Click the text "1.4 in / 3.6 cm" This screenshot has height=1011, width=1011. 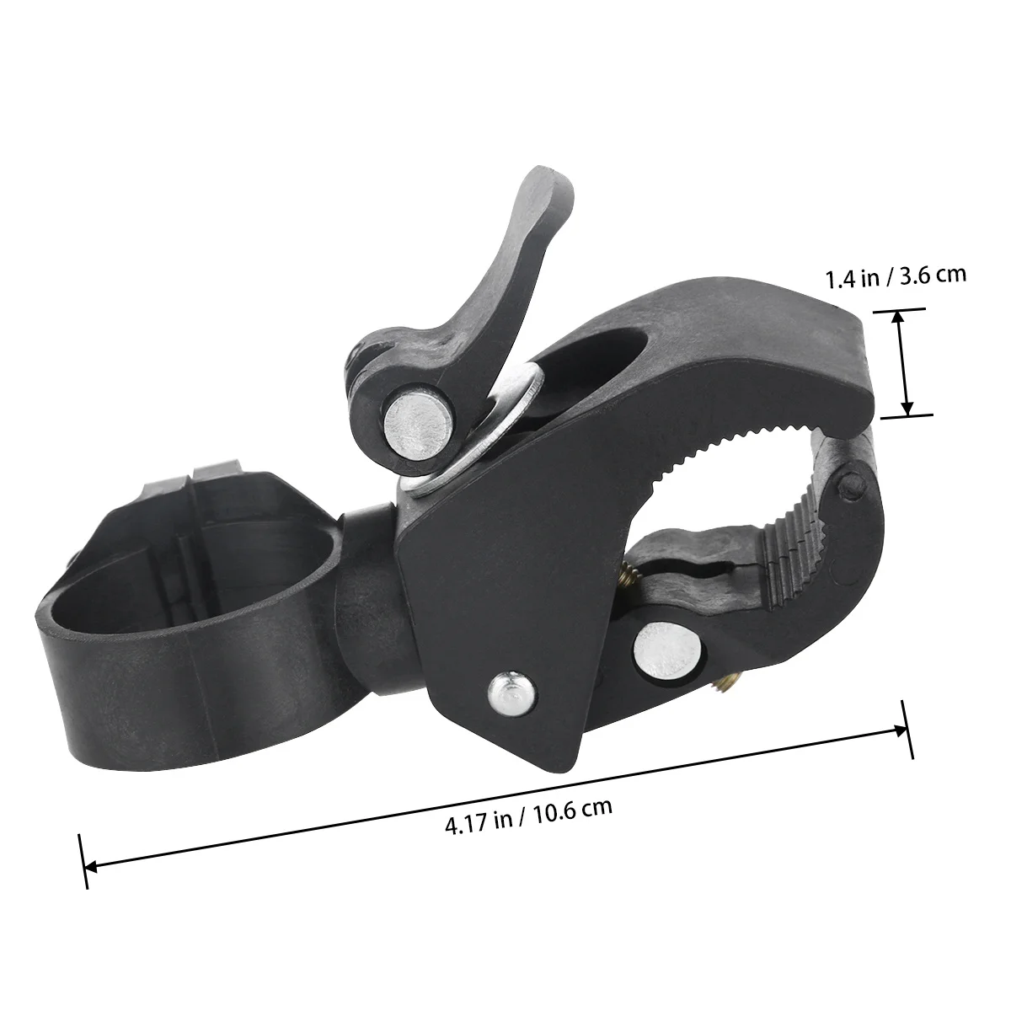[896, 277]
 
